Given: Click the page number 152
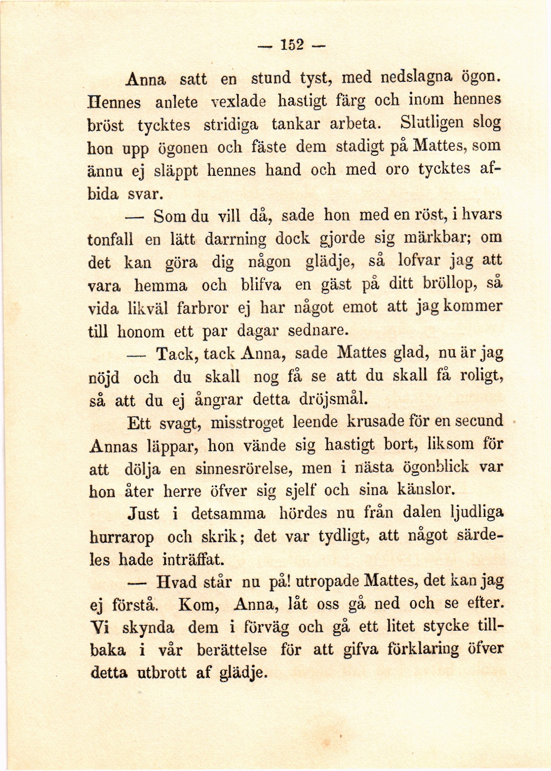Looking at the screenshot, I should (x=292, y=45).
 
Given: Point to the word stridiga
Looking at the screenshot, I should (x=230, y=124).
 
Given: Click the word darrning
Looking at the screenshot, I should (x=235, y=239).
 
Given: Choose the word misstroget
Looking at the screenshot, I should (x=247, y=422).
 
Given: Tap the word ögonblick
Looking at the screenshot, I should (x=435, y=467).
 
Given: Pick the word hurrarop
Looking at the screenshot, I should (x=122, y=537).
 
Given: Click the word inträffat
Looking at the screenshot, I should (x=194, y=559).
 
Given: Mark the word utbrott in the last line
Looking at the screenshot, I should (x=161, y=673).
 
